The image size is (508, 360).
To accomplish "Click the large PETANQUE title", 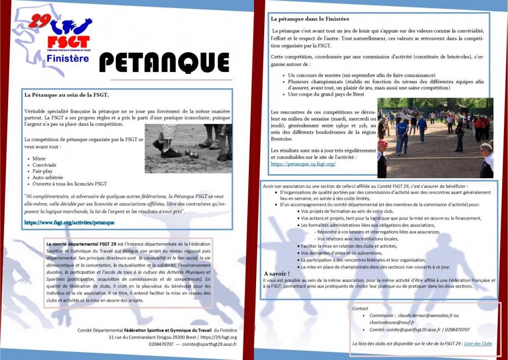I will pyautogui.click(x=164, y=62).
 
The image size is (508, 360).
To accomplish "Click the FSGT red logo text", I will pyautogui.click(x=68, y=42).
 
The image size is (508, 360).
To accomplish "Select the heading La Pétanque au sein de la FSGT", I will pyautogui.click(x=67, y=94).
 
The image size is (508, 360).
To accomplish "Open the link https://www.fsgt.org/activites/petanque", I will pyautogui.click(x=70, y=222).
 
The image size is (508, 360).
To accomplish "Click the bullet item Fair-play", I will pyautogui.click(x=43, y=171).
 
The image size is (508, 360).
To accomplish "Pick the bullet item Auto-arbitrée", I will pyautogui.click(x=48, y=177).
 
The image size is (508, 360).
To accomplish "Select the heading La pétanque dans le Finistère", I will pyautogui.click(x=310, y=19).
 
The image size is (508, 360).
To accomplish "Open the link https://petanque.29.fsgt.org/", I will pyautogui.click(x=303, y=164).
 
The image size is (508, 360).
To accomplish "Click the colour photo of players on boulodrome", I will pyautogui.click(x=435, y=138).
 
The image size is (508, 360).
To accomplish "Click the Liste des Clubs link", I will pyautogui.click(x=478, y=344).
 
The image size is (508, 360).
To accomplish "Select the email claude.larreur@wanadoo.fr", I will pyautogui.click(x=425, y=315).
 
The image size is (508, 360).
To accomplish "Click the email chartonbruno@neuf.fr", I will pyautogui.click(x=392, y=322).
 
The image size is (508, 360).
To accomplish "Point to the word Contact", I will pyautogui.click(x=360, y=308).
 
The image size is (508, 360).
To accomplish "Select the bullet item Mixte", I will pyautogui.click(x=39, y=158).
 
